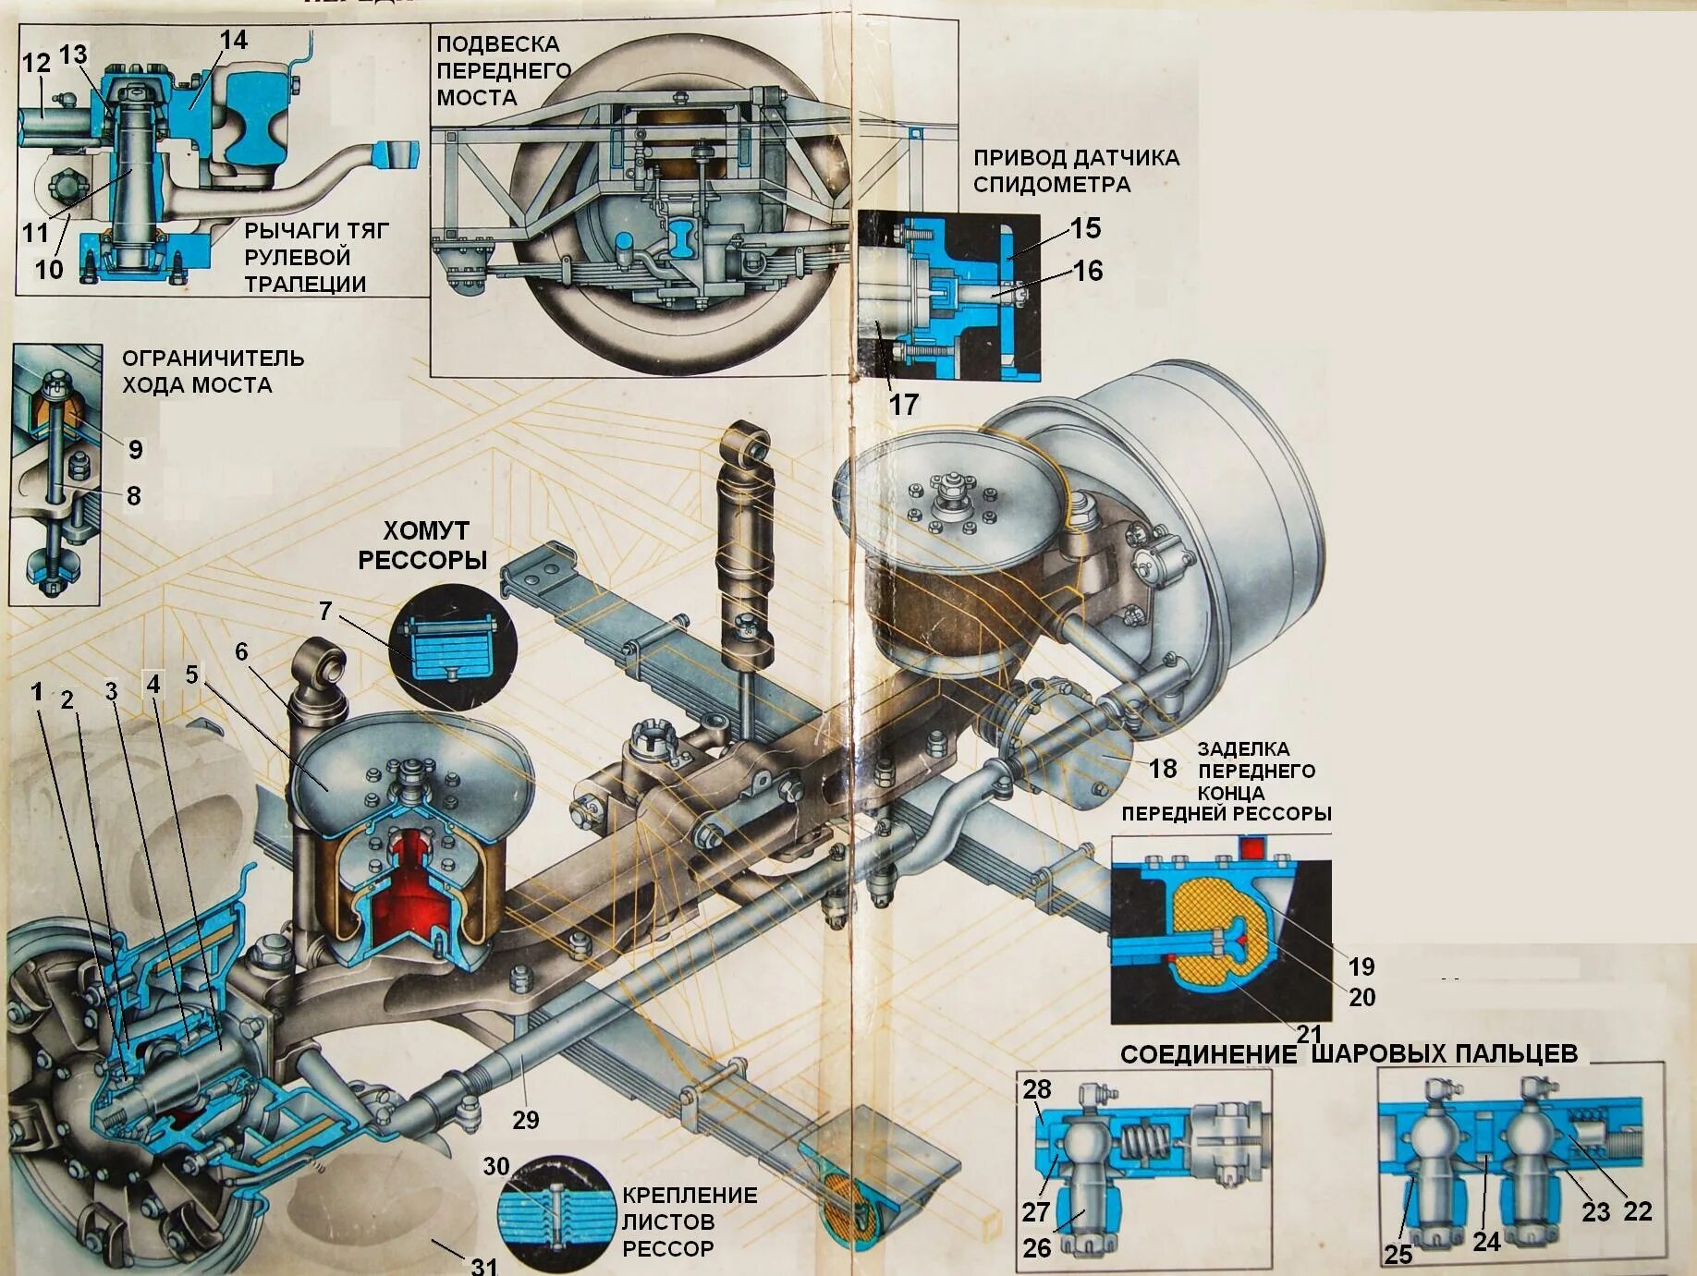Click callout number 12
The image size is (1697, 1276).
click(36, 63)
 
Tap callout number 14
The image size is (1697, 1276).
click(234, 40)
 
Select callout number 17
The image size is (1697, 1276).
click(903, 404)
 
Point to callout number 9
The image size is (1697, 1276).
click(136, 449)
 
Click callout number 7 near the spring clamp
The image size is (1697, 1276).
click(324, 611)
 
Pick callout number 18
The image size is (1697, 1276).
click(1163, 768)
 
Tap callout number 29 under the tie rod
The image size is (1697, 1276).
click(525, 1120)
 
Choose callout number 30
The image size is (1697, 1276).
click(496, 1166)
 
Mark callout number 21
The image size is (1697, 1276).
click(1308, 1033)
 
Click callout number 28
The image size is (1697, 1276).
click(1037, 1089)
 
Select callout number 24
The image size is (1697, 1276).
click(1485, 1242)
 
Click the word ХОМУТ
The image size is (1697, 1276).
click(426, 530)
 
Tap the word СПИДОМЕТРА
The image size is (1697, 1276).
click(1052, 184)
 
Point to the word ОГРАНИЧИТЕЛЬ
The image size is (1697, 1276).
click(213, 358)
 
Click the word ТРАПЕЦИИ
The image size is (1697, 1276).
click(305, 284)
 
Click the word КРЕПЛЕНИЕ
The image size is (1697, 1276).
click(690, 1195)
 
